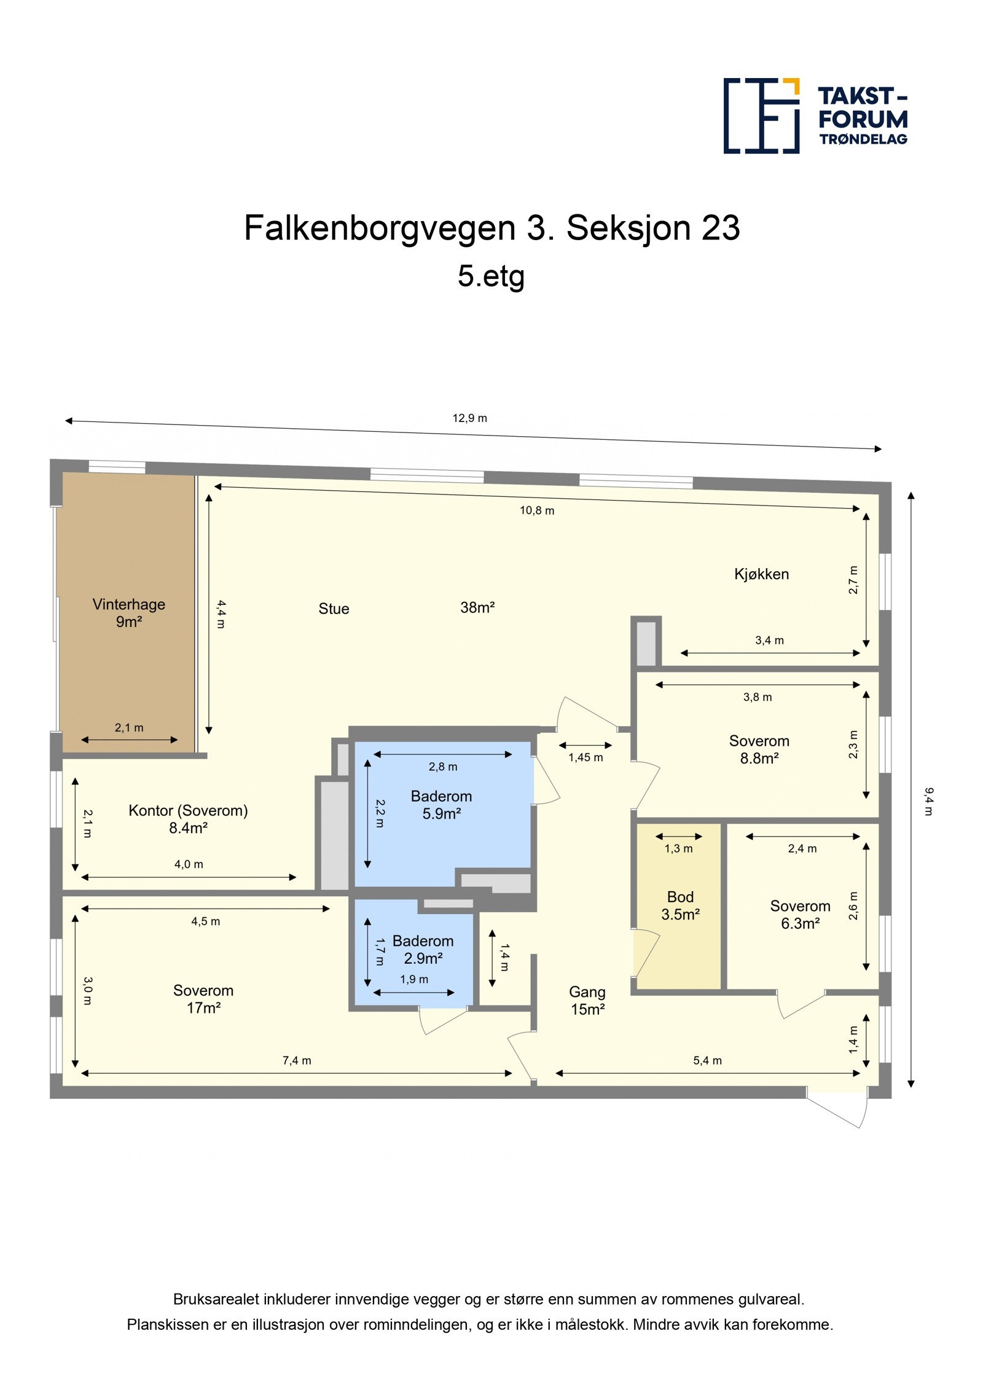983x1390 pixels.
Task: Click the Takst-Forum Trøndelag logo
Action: click(x=815, y=115)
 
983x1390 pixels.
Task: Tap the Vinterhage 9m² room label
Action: click(x=129, y=612)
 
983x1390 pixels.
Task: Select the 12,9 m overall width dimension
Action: click(x=469, y=418)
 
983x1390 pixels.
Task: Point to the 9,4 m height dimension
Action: click(x=928, y=801)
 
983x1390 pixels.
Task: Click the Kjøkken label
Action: click(x=761, y=574)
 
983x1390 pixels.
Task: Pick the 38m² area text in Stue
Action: click(x=477, y=607)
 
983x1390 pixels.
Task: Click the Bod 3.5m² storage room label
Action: click(x=680, y=905)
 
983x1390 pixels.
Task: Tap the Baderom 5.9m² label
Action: click(x=441, y=805)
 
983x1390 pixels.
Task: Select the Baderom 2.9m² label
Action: click(x=423, y=949)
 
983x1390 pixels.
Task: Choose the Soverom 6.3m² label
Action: click(x=800, y=915)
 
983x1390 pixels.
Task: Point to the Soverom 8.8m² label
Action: click(x=759, y=749)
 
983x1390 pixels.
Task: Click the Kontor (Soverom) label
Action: click(x=188, y=811)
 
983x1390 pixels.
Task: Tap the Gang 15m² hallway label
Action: click(x=587, y=1001)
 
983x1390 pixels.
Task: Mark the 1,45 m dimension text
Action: click(x=585, y=757)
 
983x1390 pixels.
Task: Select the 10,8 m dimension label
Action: click(x=537, y=510)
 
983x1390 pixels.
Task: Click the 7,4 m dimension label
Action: click(x=297, y=1060)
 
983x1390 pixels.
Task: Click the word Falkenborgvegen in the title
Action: click(x=380, y=228)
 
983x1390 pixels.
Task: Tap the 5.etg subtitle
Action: click(x=491, y=276)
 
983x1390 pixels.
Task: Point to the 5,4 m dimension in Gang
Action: click(x=707, y=1060)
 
